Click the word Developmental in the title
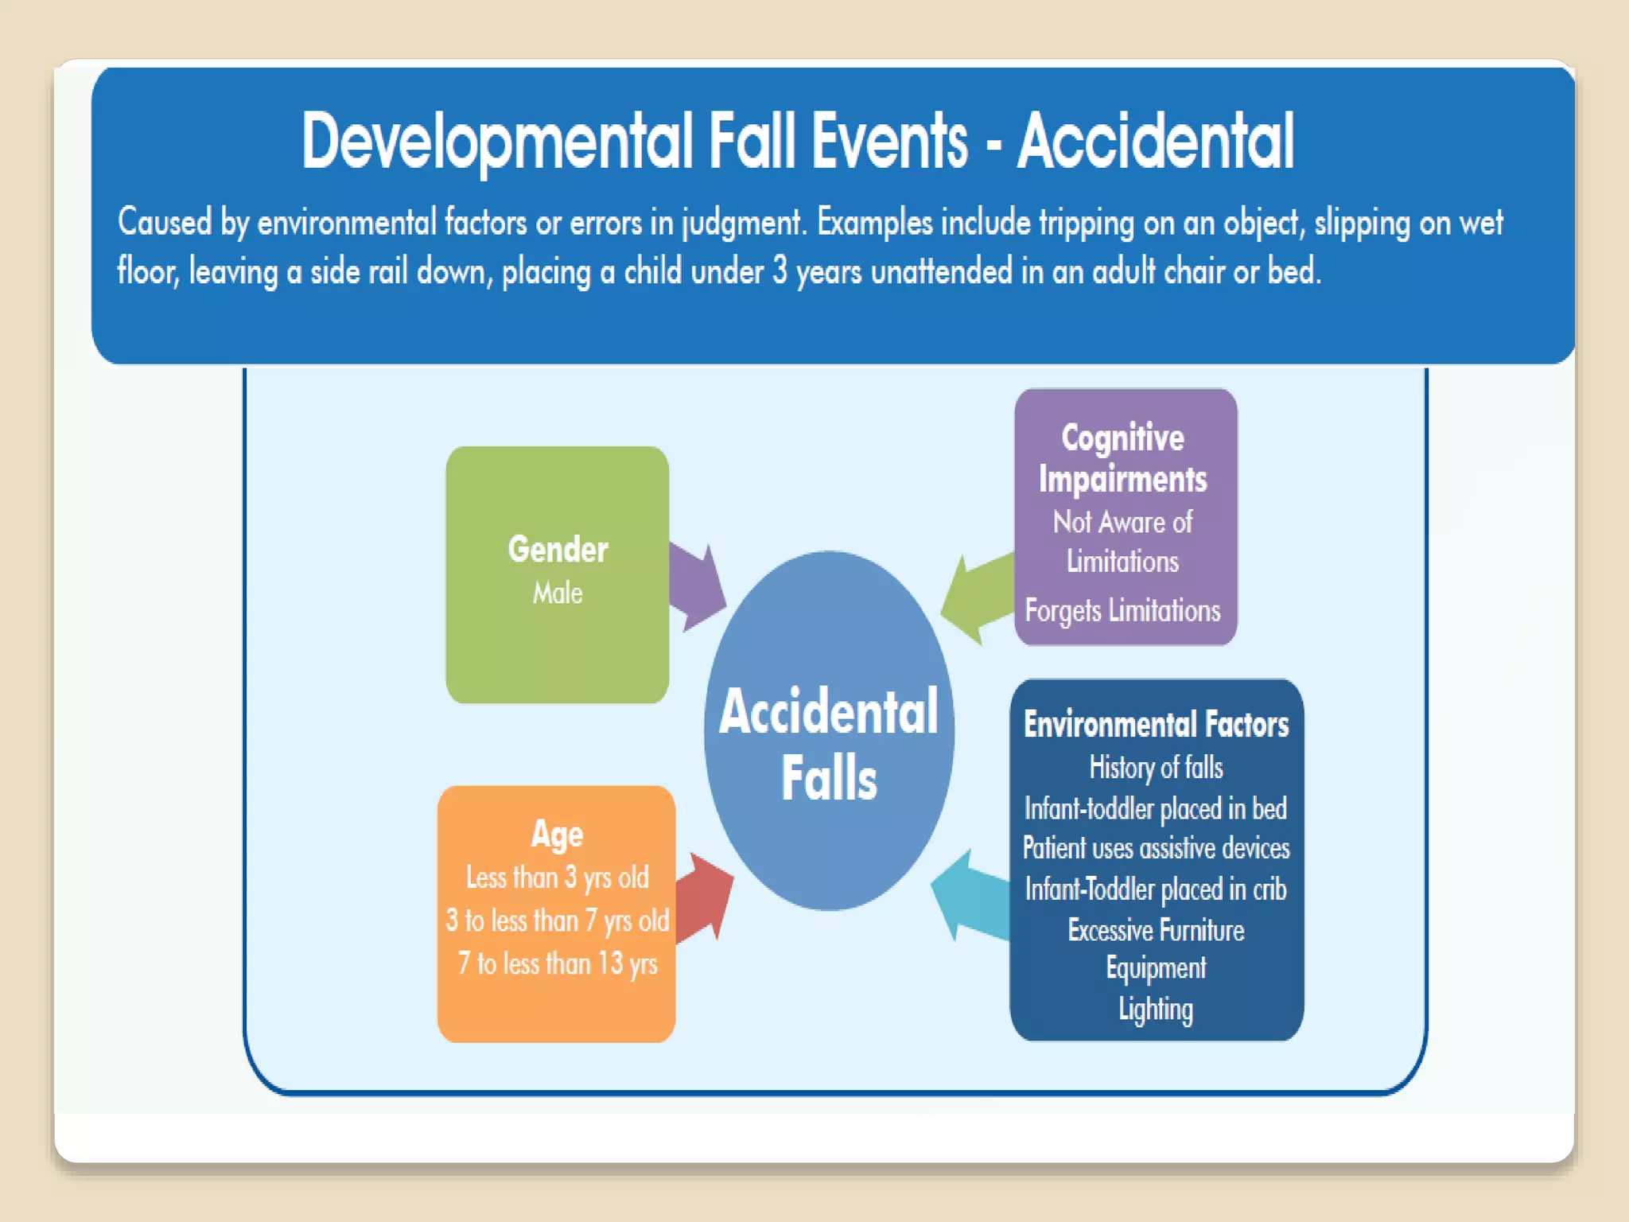pyautogui.click(x=497, y=142)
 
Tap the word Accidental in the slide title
pyautogui.click(x=1156, y=142)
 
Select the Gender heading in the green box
pyautogui.click(x=558, y=550)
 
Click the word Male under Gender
pyautogui.click(x=558, y=593)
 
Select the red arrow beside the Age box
pyautogui.click(x=706, y=897)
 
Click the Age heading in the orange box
pyautogui.click(x=557, y=834)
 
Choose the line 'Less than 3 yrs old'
pyautogui.click(x=557, y=878)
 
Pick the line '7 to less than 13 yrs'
pyautogui.click(x=557, y=963)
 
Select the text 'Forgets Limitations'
pyautogui.click(x=1122, y=610)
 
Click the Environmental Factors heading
pyautogui.click(x=1156, y=725)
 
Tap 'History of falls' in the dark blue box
pyautogui.click(x=1156, y=768)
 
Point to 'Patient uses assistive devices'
pyautogui.click(x=1156, y=848)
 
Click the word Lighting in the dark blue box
pyautogui.click(x=1156, y=1009)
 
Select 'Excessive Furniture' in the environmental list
pyautogui.click(x=1156, y=930)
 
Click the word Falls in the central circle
pyautogui.click(x=829, y=779)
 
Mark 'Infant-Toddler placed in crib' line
pyautogui.click(x=1156, y=889)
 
